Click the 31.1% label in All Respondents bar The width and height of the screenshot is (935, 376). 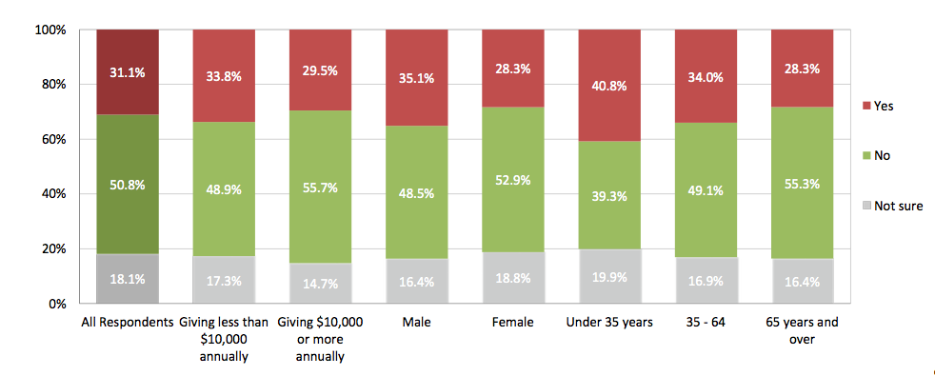point(128,70)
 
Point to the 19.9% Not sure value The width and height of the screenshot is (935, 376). point(609,277)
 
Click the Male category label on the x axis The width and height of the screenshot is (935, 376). point(417,323)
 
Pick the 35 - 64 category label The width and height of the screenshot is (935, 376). point(706,323)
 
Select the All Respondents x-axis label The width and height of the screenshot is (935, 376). point(128,323)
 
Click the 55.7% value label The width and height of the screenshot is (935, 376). point(321,189)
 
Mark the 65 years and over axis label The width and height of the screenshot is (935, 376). point(802,330)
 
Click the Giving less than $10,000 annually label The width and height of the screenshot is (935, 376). point(224,339)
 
